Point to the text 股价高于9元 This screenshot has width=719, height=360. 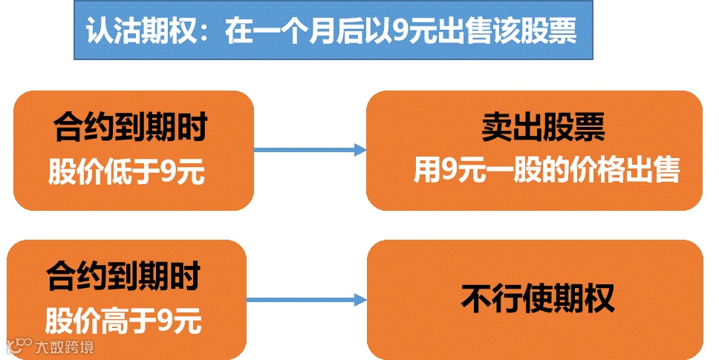[x=123, y=321]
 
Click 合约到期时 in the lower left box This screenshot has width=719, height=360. [x=123, y=277]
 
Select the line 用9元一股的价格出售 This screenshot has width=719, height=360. [x=547, y=171]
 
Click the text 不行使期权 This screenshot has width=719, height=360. [x=537, y=298]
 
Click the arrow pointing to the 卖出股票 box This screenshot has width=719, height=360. [x=310, y=150]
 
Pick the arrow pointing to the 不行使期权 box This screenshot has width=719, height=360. [x=306, y=300]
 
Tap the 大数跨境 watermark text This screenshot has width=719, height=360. [x=65, y=347]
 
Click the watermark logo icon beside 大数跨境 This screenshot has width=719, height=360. [x=19, y=345]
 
